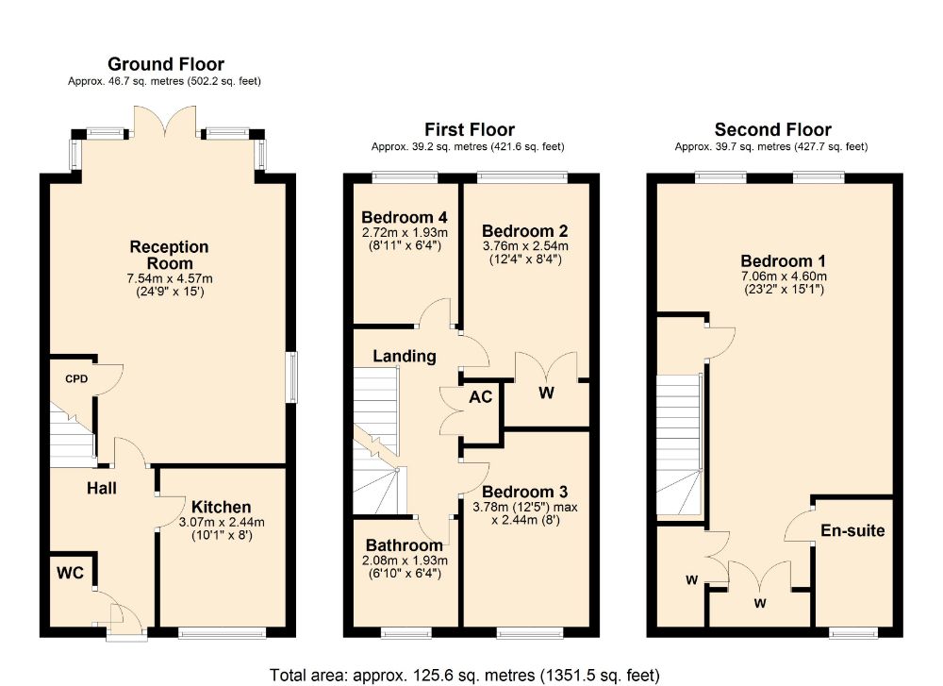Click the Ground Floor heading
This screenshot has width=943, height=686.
click(x=165, y=64)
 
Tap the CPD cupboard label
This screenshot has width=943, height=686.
click(x=76, y=378)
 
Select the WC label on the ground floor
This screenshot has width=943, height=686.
click(x=71, y=572)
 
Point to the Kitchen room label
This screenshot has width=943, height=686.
click(x=222, y=507)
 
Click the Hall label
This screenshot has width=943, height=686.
click(x=102, y=488)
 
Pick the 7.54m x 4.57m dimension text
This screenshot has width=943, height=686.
click(x=170, y=279)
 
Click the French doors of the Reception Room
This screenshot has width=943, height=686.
click(x=165, y=121)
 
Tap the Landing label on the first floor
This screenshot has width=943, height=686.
click(x=405, y=357)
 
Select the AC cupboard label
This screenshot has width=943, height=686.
click(x=481, y=397)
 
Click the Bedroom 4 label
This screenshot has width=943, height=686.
click(x=405, y=217)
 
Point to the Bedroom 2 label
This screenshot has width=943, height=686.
click(x=525, y=231)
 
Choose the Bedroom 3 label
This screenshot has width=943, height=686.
click(x=525, y=493)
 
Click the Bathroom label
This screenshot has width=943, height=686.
click(x=405, y=545)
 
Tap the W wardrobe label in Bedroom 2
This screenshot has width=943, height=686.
click(x=546, y=393)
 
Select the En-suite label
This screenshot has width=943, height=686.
click(x=852, y=530)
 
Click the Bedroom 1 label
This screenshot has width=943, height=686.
click(x=783, y=261)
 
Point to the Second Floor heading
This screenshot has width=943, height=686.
click(x=773, y=129)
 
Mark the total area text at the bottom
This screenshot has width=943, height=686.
click(x=464, y=676)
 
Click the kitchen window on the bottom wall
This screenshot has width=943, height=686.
click(x=222, y=632)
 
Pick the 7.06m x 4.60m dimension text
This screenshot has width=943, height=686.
click(x=783, y=276)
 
